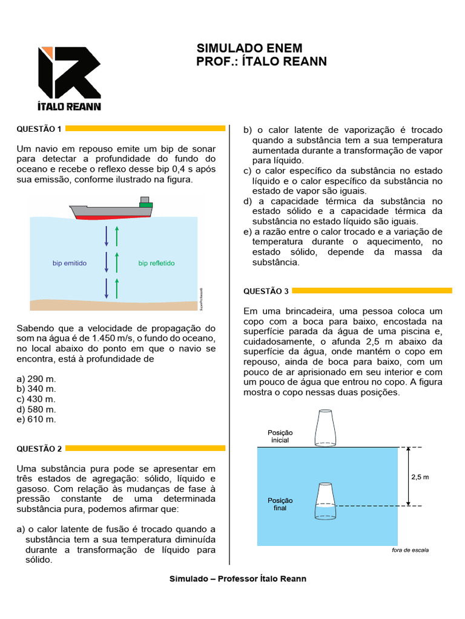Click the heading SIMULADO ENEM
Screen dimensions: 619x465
tap(249, 48)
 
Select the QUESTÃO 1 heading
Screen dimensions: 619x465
tap(39, 129)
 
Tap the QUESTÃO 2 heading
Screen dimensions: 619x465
tap(39, 449)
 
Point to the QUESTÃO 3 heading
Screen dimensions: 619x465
tap(266, 291)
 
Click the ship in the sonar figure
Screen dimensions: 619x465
tap(111, 209)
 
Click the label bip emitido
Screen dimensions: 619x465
tap(70, 263)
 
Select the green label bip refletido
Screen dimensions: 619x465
tap(156, 263)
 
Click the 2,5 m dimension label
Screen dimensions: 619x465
tap(420, 477)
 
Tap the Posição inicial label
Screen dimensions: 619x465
tap(280, 436)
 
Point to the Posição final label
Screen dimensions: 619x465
tap(280, 504)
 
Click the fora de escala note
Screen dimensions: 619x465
tap(410, 551)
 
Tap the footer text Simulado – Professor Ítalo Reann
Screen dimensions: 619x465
tap(238, 578)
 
